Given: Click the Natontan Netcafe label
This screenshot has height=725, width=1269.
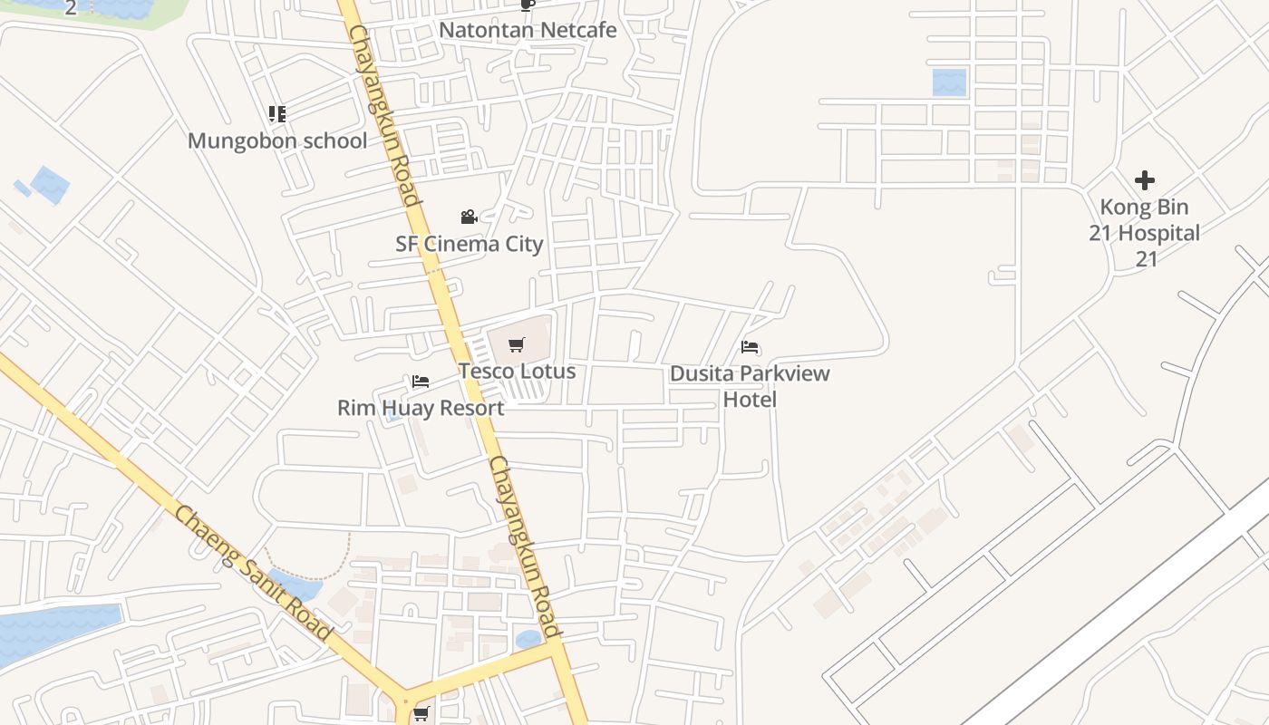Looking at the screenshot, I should pyautogui.click(x=528, y=30).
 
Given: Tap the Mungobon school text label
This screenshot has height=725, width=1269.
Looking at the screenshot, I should pyautogui.click(x=277, y=140).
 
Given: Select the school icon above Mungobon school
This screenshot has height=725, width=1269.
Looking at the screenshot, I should pyautogui.click(x=277, y=114).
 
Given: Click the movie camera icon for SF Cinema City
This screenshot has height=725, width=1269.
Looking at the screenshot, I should pyautogui.click(x=469, y=217).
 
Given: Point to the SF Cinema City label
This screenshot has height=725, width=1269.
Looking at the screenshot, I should pyautogui.click(x=469, y=244).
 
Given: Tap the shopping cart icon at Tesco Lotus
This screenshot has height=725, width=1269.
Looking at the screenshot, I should pyautogui.click(x=517, y=344).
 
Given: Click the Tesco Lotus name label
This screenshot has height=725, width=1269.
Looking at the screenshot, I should pyautogui.click(x=517, y=371).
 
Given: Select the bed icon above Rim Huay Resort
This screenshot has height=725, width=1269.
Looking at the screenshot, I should pyautogui.click(x=420, y=382).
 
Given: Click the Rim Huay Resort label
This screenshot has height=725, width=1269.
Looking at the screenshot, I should pyautogui.click(x=421, y=408).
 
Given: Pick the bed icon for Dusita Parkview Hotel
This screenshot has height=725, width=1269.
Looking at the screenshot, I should pyautogui.click(x=750, y=347).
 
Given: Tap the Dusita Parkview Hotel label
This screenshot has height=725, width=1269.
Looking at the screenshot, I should pyautogui.click(x=750, y=386).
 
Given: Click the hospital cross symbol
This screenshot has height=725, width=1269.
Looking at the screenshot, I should pyautogui.click(x=1145, y=180).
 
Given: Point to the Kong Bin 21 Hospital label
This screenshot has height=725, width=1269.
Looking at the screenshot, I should pyautogui.click(x=1145, y=233).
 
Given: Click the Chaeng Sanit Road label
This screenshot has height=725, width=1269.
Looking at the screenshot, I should pyautogui.click(x=253, y=573).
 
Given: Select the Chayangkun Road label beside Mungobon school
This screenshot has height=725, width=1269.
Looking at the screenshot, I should pyautogui.click(x=385, y=114).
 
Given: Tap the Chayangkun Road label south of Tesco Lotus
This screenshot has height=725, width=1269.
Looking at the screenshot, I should pyautogui.click(x=525, y=546).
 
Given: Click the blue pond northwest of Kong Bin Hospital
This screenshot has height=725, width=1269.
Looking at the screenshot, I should pyautogui.click(x=949, y=82).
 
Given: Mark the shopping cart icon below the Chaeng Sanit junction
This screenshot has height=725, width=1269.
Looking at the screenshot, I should pyautogui.click(x=421, y=714).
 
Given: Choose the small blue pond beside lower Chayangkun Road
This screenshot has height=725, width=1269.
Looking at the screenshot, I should pyautogui.click(x=528, y=640).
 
